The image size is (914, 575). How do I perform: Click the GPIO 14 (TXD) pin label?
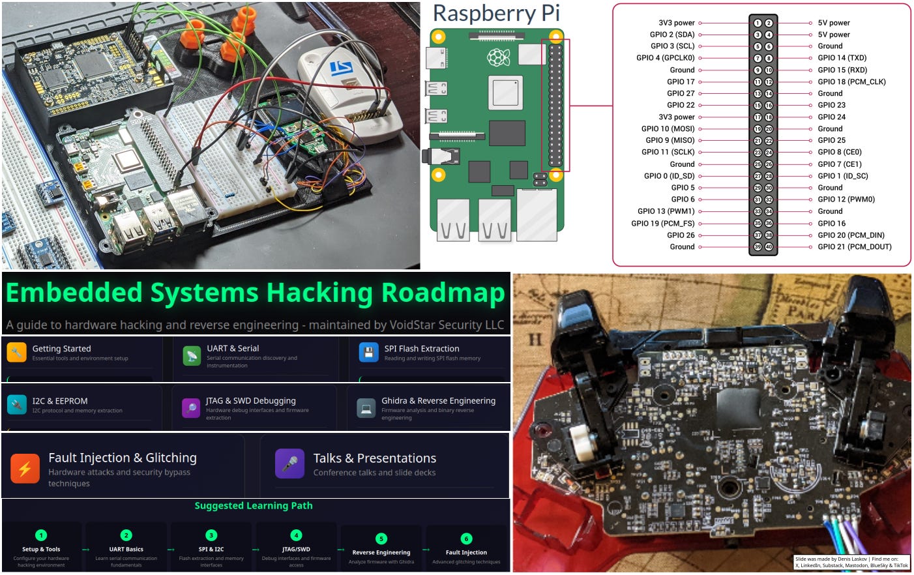(x=842, y=58)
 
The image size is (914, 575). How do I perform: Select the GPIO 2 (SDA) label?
(x=671, y=35)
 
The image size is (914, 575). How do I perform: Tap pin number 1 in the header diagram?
(x=758, y=23)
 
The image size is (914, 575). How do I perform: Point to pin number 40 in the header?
(x=769, y=247)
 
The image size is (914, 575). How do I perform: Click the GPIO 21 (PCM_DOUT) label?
(x=854, y=247)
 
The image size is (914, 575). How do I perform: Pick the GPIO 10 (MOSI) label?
(x=668, y=129)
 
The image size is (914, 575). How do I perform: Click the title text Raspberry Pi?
(x=496, y=13)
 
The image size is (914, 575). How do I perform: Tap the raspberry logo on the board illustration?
(x=498, y=59)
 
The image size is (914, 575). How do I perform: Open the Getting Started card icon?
(x=17, y=352)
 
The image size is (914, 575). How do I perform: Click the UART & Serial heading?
(x=233, y=349)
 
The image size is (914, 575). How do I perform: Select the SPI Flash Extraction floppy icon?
(x=368, y=352)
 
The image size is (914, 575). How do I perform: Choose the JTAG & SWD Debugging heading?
(x=250, y=401)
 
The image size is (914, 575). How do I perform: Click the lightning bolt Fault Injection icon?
(x=25, y=468)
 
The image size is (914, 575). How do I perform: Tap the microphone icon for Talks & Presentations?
(x=289, y=464)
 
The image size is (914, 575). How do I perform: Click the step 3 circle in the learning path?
(x=211, y=535)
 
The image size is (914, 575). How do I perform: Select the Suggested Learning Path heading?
(x=254, y=506)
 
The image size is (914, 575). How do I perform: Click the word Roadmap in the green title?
(x=443, y=293)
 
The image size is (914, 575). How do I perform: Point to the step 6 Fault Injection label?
(x=466, y=552)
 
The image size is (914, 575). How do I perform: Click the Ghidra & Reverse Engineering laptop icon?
(x=366, y=408)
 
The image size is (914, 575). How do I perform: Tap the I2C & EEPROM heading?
(x=60, y=401)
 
